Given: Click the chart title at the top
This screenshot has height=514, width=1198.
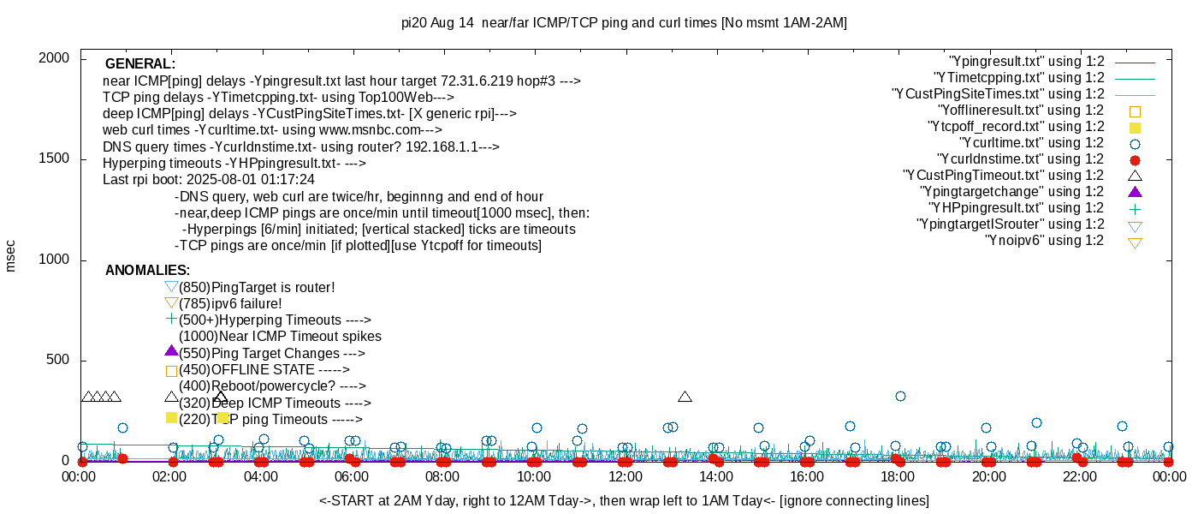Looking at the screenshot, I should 624,23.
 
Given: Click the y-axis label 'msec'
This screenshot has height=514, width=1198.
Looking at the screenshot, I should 10,255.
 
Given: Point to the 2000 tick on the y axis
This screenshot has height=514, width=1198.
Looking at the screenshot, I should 56,58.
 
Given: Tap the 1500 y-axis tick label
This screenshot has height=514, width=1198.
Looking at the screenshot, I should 56,159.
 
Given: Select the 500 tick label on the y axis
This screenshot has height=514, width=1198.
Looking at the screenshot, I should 59,361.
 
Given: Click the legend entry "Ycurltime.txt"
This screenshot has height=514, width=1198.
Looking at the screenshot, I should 1031,143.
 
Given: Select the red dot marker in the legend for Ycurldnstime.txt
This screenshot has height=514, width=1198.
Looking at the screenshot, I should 1135,159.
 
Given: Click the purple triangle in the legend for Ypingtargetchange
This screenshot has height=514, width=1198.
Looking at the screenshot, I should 1135,192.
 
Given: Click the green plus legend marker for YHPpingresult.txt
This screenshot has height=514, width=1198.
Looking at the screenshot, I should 1135,208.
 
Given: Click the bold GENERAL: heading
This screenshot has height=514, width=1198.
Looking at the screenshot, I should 139,64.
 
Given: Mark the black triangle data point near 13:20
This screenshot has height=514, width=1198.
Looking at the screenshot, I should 685,397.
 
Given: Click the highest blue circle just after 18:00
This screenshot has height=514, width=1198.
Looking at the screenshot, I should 900,396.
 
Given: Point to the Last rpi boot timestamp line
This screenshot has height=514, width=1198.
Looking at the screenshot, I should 209,180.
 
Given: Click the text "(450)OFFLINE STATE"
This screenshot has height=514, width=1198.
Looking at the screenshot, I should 264,370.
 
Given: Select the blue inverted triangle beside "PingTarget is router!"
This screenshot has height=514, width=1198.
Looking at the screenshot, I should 171,287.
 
